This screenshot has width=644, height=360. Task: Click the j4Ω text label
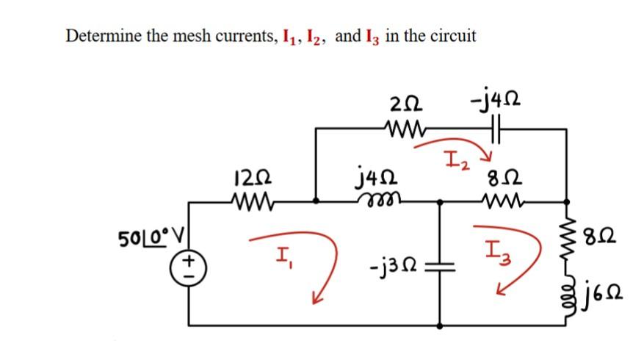tap(376, 177)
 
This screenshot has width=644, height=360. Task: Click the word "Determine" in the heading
tap(101, 35)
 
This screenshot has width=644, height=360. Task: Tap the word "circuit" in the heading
tap(450, 35)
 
